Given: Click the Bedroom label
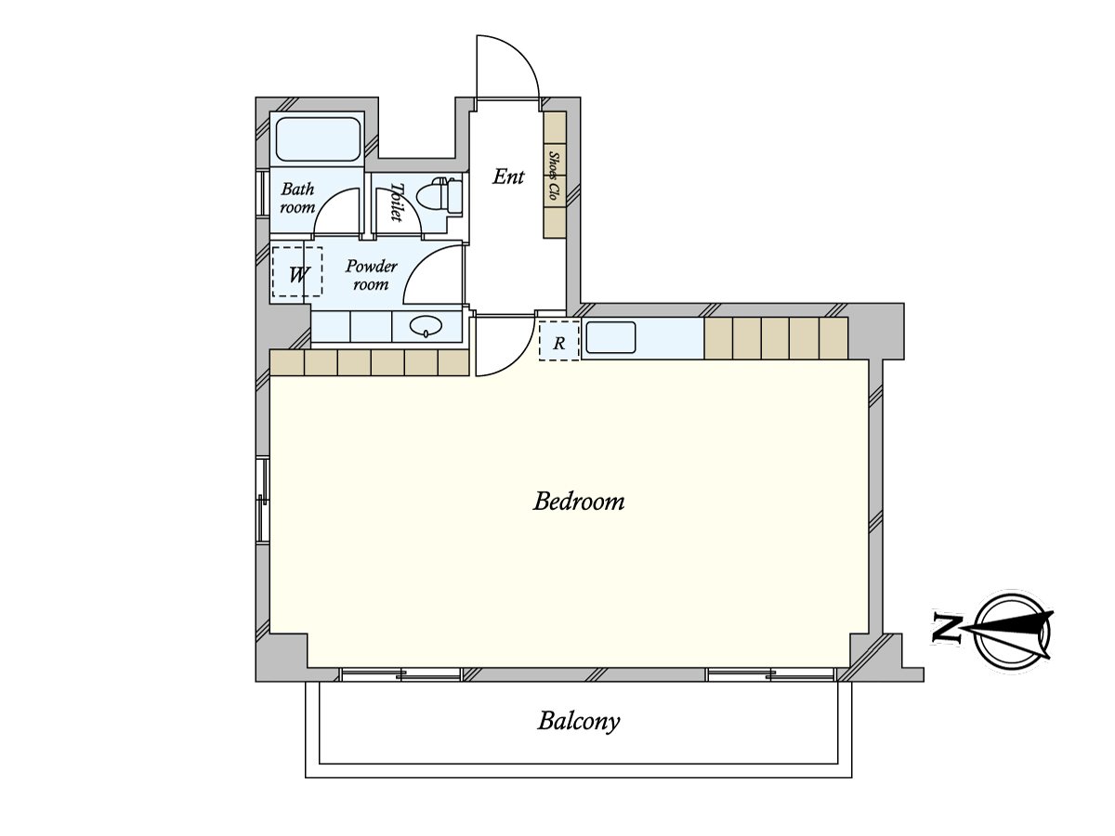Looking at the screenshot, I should coord(578,503).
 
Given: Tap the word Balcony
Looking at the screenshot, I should coord(578,721).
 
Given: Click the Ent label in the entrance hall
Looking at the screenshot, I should coord(508,176).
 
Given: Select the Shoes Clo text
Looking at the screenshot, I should coord(555,176).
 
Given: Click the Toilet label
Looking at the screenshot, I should coord(397,202).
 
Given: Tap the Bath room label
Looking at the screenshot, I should coord(297,199).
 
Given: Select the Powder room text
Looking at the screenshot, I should coord(371,275).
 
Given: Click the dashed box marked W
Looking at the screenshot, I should coord(297,272).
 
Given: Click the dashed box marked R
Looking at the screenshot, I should coord(559,341).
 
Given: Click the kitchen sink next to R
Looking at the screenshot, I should coord(610,337).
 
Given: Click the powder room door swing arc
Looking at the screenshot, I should coord(431,277).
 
